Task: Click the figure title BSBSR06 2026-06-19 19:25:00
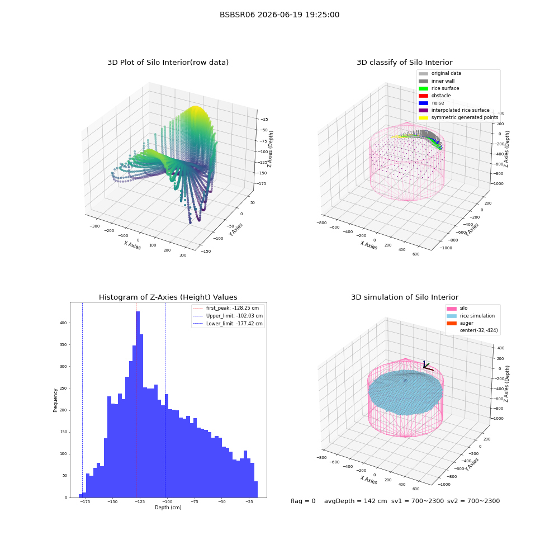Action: [x=279, y=15]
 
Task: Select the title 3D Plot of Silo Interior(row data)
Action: [x=168, y=63]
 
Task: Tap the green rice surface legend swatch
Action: [x=423, y=88]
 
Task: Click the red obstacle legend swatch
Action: [x=423, y=96]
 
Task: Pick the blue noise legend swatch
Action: [x=423, y=103]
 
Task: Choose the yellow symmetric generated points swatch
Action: [x=423, y=117]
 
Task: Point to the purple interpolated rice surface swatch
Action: [x=423, y=110]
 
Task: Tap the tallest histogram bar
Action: [x=138, y=404]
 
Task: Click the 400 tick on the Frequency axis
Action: [x=63, y=323]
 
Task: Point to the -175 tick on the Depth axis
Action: [x=84, y=501]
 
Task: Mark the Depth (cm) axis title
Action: [x=168, y=508]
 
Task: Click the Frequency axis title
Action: [x=55, y=400]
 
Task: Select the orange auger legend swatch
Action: [x=451, y=323]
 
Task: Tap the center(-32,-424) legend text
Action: [x=479, y=330]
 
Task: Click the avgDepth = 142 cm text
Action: [x=356, y=501]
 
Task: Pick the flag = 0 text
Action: [x=303, y=501]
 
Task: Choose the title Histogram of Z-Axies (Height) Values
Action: [x=168, y=297]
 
